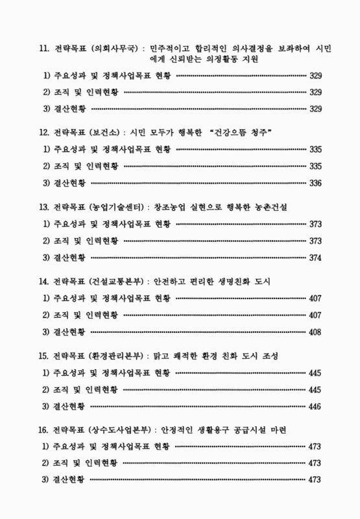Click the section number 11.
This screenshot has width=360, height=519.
pyautogui.click(x=44, y=49)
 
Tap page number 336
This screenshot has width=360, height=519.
pyautogui.click(x=316, y=182)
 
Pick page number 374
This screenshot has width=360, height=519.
pyautogui.click(x=316, y=257)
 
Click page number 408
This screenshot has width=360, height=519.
pyautogui.click(x=316, y=332)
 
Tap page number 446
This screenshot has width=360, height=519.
pyautogui.click(x=316, y=406)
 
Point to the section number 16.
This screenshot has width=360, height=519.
pyautogui.click(x=44, y=431)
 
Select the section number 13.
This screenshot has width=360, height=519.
pyautogui.click(x=44, y=207)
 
